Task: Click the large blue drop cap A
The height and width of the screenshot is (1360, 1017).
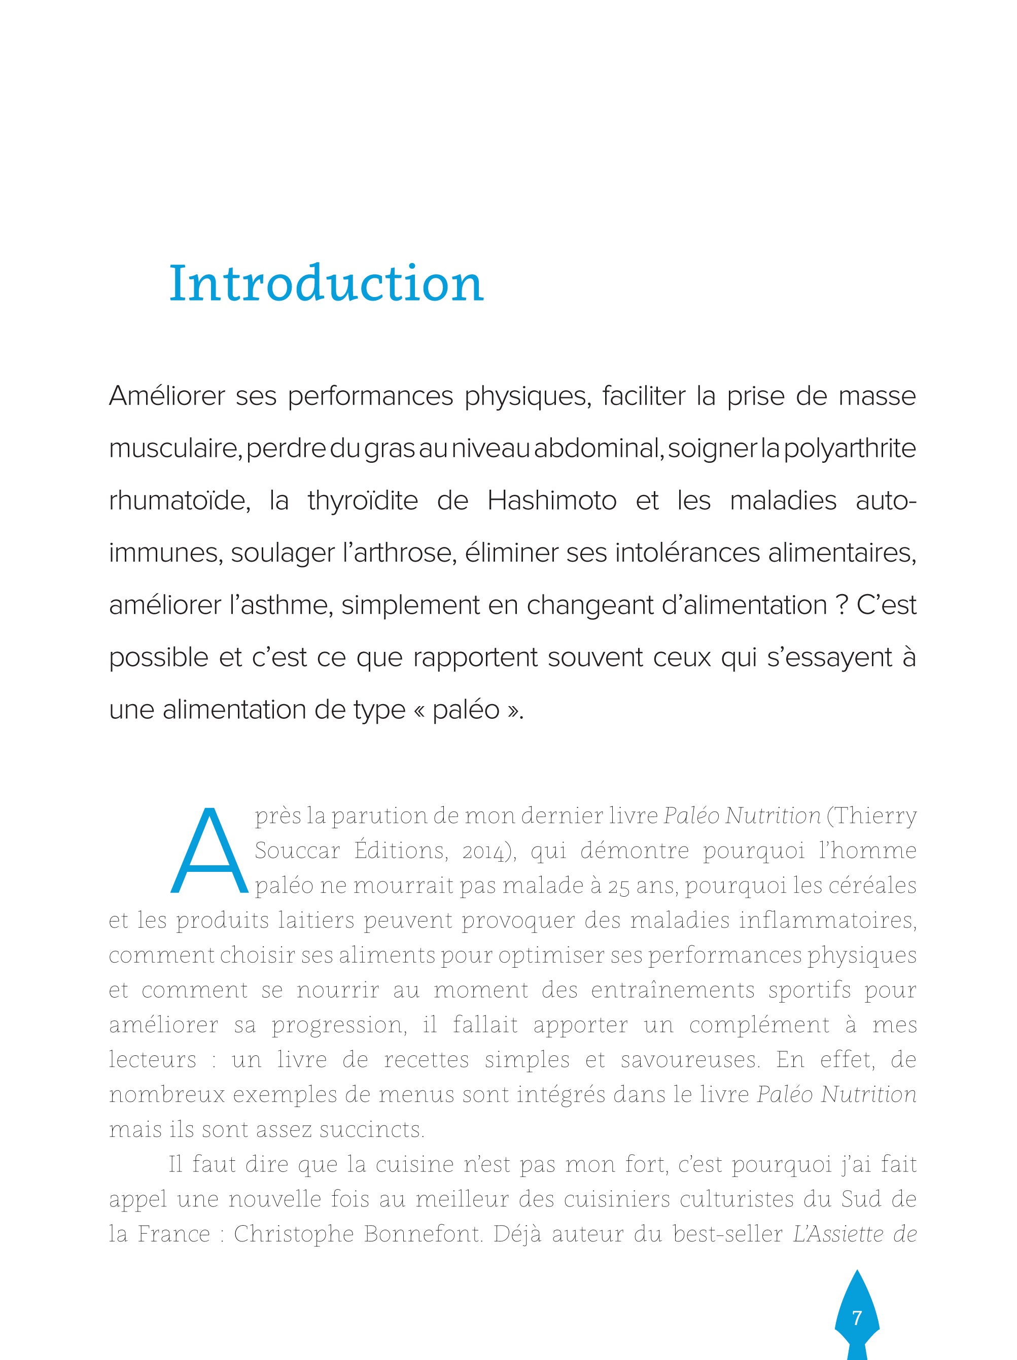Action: coord(208,851)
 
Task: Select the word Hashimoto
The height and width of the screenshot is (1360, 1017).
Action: coord(552,501)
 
